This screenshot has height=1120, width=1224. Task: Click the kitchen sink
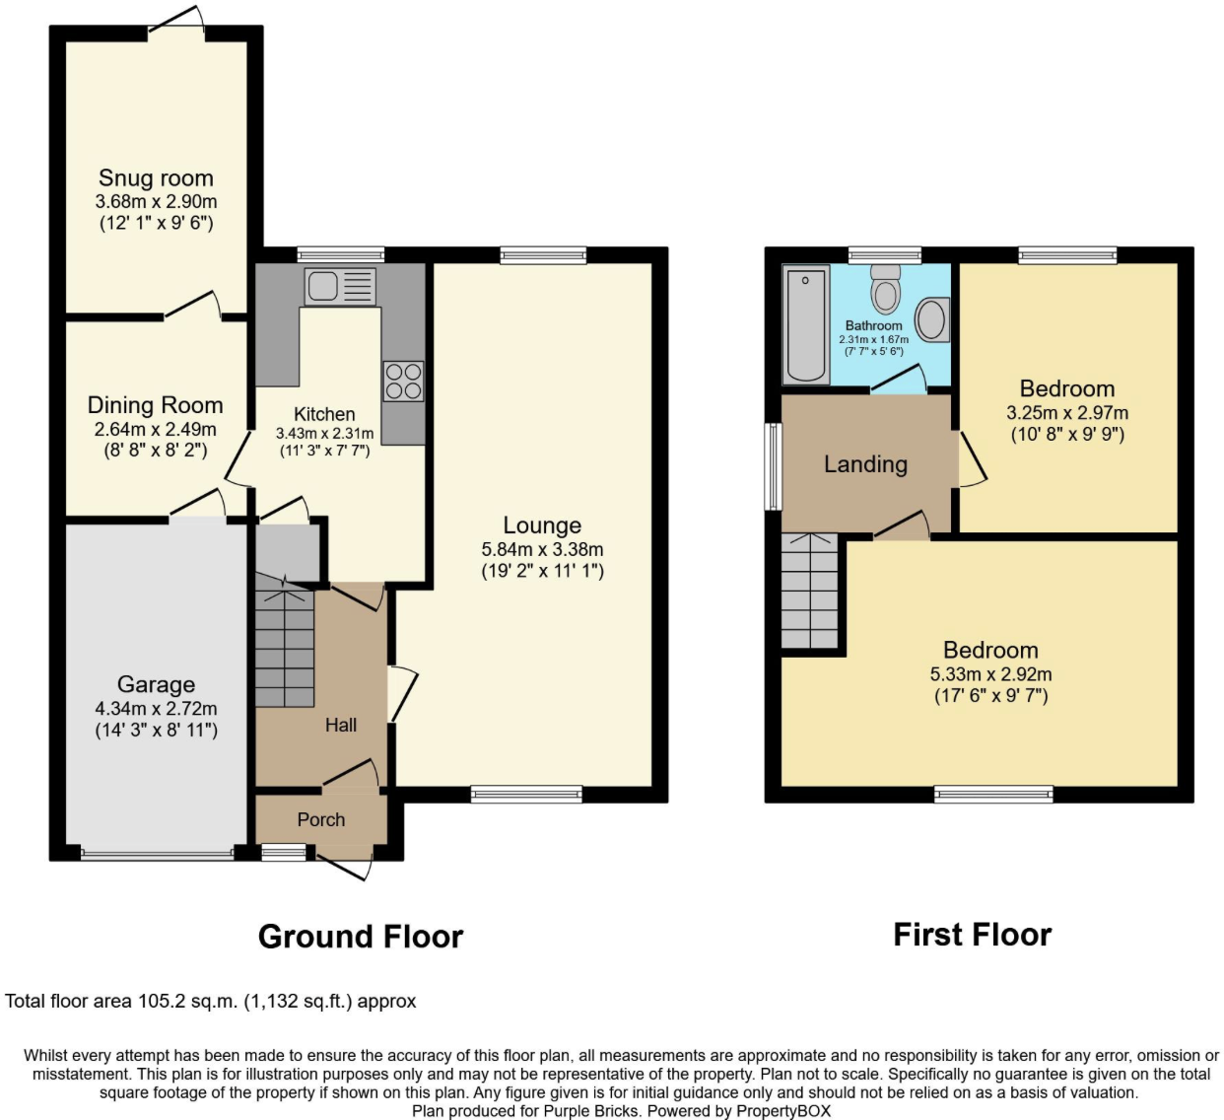click(x=340, y=286)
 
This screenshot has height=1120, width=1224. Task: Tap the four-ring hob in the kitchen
click(x=403, y=382)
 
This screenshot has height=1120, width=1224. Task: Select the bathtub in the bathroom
click(x=806, y=323)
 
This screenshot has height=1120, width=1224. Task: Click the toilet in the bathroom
click(x=886, y=290)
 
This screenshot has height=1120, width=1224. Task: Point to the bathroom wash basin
click(x=931, y=319)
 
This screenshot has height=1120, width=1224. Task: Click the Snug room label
click(x=156, y=178)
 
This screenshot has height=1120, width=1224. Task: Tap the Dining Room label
click(x=155, y=405)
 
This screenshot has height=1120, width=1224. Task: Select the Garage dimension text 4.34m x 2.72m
click(x=156, y=708)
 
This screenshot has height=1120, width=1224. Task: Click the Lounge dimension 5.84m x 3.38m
click(x=542, y=549)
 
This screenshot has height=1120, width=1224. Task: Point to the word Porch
click(x=321, y=819)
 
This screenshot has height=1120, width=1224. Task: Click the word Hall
click(x=341, y=725)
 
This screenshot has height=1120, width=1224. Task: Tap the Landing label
click(x=865, y=464)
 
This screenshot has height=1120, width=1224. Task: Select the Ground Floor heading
click(x=361, y=936)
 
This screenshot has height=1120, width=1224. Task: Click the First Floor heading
click(x=972, y=935)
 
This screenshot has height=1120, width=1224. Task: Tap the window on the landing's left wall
click(x=774, y=466)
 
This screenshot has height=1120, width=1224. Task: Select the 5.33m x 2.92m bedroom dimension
click(x=990, y=674)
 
